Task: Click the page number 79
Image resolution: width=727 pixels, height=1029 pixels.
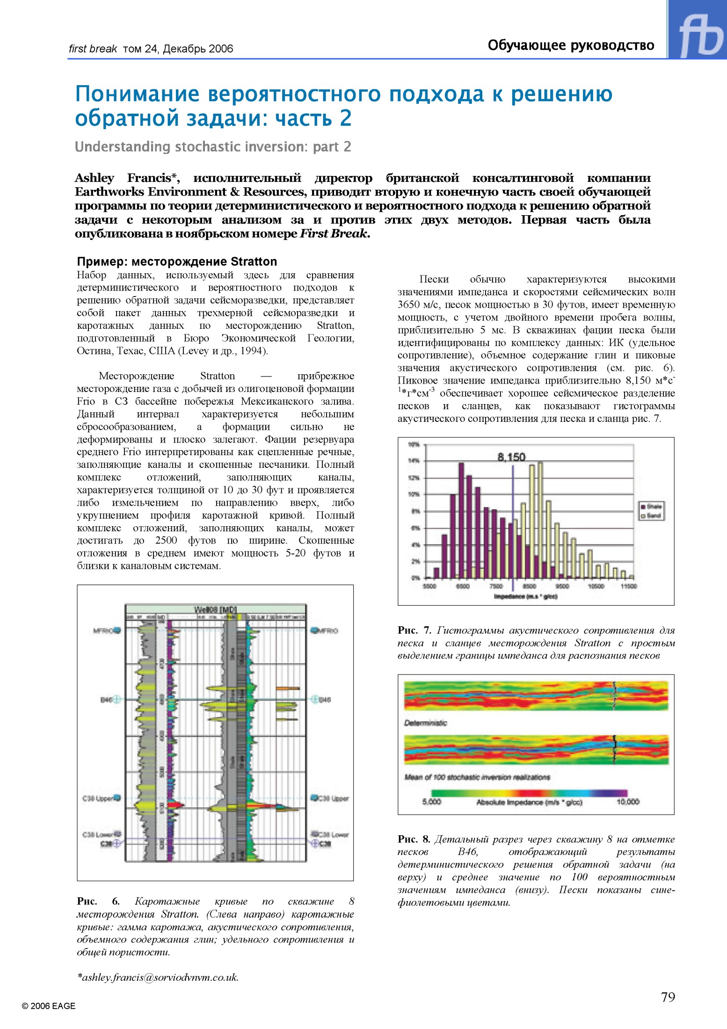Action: coord(668,997)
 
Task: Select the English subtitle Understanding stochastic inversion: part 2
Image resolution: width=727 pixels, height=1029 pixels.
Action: coord(213,147)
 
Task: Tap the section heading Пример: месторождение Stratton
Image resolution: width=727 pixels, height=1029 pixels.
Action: coord(177,261)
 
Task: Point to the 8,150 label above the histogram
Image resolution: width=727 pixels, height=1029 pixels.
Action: coord(511,457)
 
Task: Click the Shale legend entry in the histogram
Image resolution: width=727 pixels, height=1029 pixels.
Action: coord(651,507)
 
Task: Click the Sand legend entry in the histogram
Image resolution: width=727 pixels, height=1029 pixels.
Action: coord(651,516)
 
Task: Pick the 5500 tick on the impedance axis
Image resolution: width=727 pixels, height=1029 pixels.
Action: coord(429,586)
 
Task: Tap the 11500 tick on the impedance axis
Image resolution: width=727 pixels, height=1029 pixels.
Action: coord(628,586)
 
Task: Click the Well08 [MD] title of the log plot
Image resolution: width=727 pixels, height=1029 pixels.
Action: coord(215,609)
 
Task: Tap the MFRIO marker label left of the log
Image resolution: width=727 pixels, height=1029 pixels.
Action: coord(104,631)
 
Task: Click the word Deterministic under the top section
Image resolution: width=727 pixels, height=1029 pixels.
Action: coord(425,723)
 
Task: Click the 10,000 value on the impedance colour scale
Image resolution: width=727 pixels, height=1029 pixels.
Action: coord(627,802)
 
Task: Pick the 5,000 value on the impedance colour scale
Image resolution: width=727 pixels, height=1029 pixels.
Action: coord(431,802)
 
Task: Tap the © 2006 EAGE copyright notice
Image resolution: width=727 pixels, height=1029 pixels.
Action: coord(49,1006)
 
